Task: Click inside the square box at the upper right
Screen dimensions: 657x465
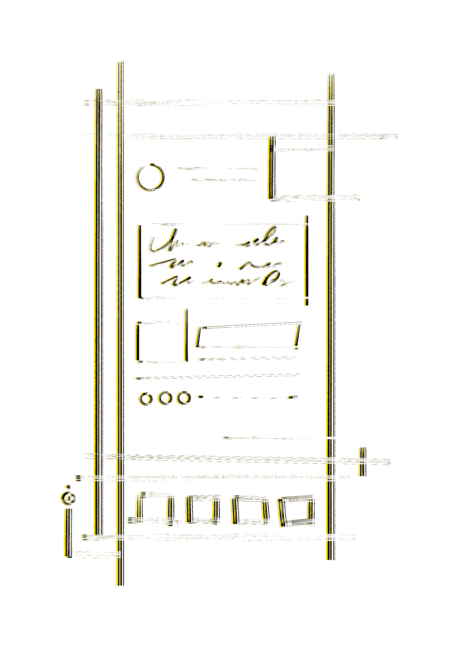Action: [304, 173]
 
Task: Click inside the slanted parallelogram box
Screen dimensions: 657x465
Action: [252, 336]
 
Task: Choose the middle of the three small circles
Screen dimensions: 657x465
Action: [169, 398]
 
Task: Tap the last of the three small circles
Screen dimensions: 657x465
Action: [188, 398]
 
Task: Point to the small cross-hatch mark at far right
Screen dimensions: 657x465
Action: [364, 461]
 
